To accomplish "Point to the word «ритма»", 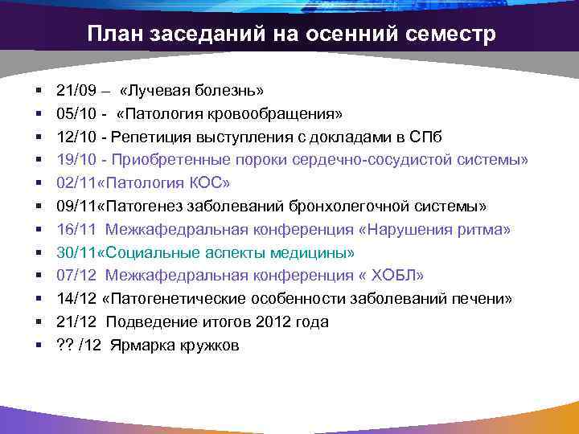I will point(482,230).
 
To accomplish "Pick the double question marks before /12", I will point(65,346).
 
